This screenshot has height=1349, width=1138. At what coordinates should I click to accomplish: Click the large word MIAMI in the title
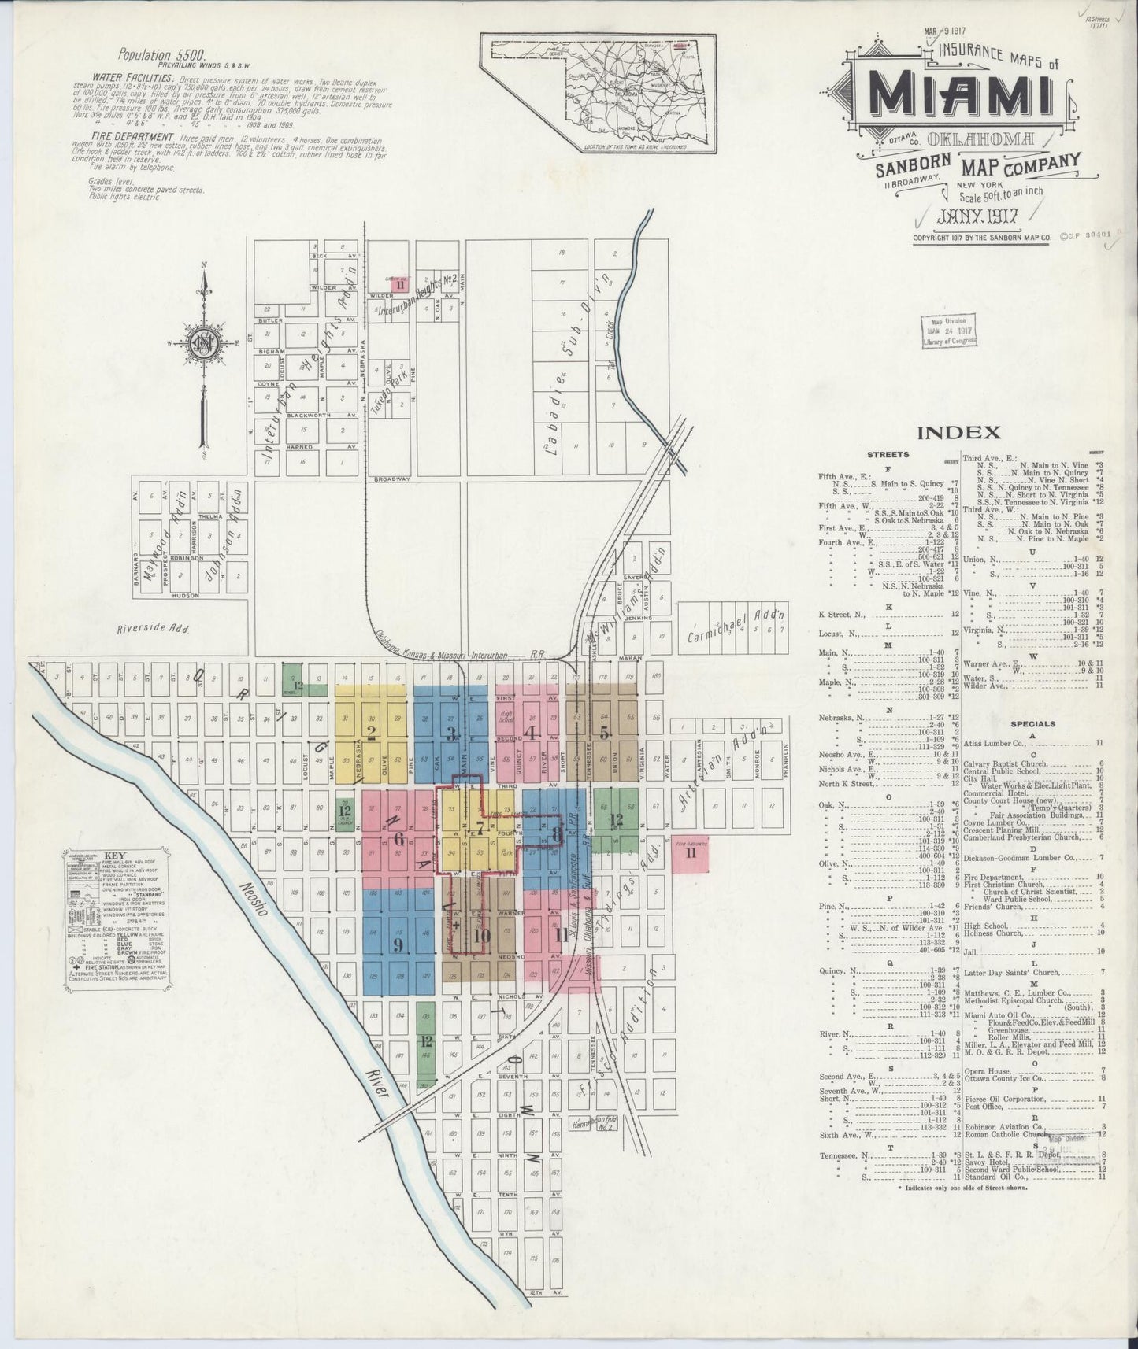962,93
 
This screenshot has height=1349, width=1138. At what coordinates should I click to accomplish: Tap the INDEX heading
958,432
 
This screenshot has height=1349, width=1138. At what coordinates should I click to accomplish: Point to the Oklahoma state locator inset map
601,93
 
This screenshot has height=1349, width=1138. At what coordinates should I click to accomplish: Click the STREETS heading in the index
888,454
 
